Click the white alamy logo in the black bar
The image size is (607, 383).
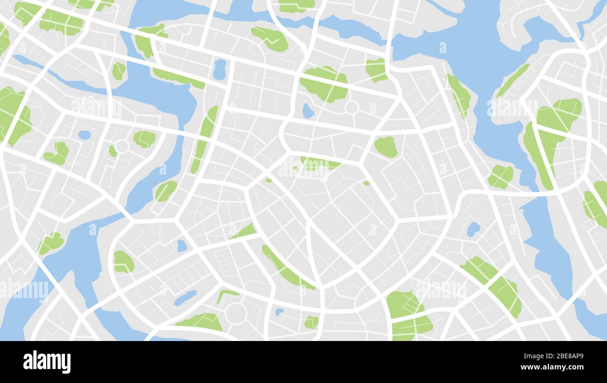point(47,362)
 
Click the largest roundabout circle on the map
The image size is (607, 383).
point(236,313)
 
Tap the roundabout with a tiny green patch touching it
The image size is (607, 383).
point(122,146)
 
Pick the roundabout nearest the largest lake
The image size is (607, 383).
point(351,107)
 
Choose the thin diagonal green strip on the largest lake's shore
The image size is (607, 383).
point(512,80)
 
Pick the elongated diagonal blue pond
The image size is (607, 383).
point(185,298)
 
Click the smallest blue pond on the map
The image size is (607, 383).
point(279,311)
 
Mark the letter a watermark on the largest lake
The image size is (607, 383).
point(442,48)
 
